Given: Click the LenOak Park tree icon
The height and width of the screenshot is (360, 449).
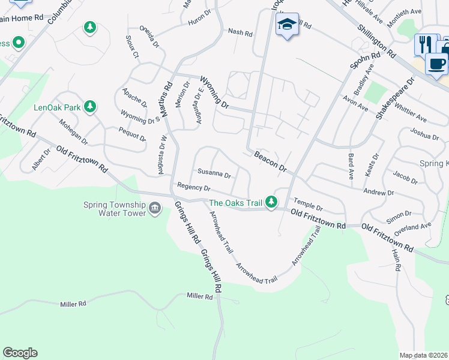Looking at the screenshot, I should [90, 107].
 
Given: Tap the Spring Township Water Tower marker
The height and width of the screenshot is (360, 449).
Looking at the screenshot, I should [155, 209].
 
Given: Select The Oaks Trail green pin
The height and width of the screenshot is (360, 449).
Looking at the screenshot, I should [271, 202].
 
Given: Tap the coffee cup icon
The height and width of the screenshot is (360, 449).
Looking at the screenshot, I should [436, 62].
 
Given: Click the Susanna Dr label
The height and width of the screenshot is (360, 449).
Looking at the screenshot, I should [214, 175].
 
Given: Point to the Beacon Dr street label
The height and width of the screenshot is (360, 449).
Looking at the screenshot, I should [270, 161].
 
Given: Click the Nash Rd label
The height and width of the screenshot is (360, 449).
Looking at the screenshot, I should [240, 32].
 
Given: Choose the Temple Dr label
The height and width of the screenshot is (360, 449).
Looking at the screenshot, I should [308, 205].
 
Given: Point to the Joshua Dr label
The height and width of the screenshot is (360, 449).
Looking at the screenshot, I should [424, 134].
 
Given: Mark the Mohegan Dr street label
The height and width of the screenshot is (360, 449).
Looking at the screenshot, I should [74, 132].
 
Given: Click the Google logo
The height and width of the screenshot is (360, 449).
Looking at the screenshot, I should [20, 353].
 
